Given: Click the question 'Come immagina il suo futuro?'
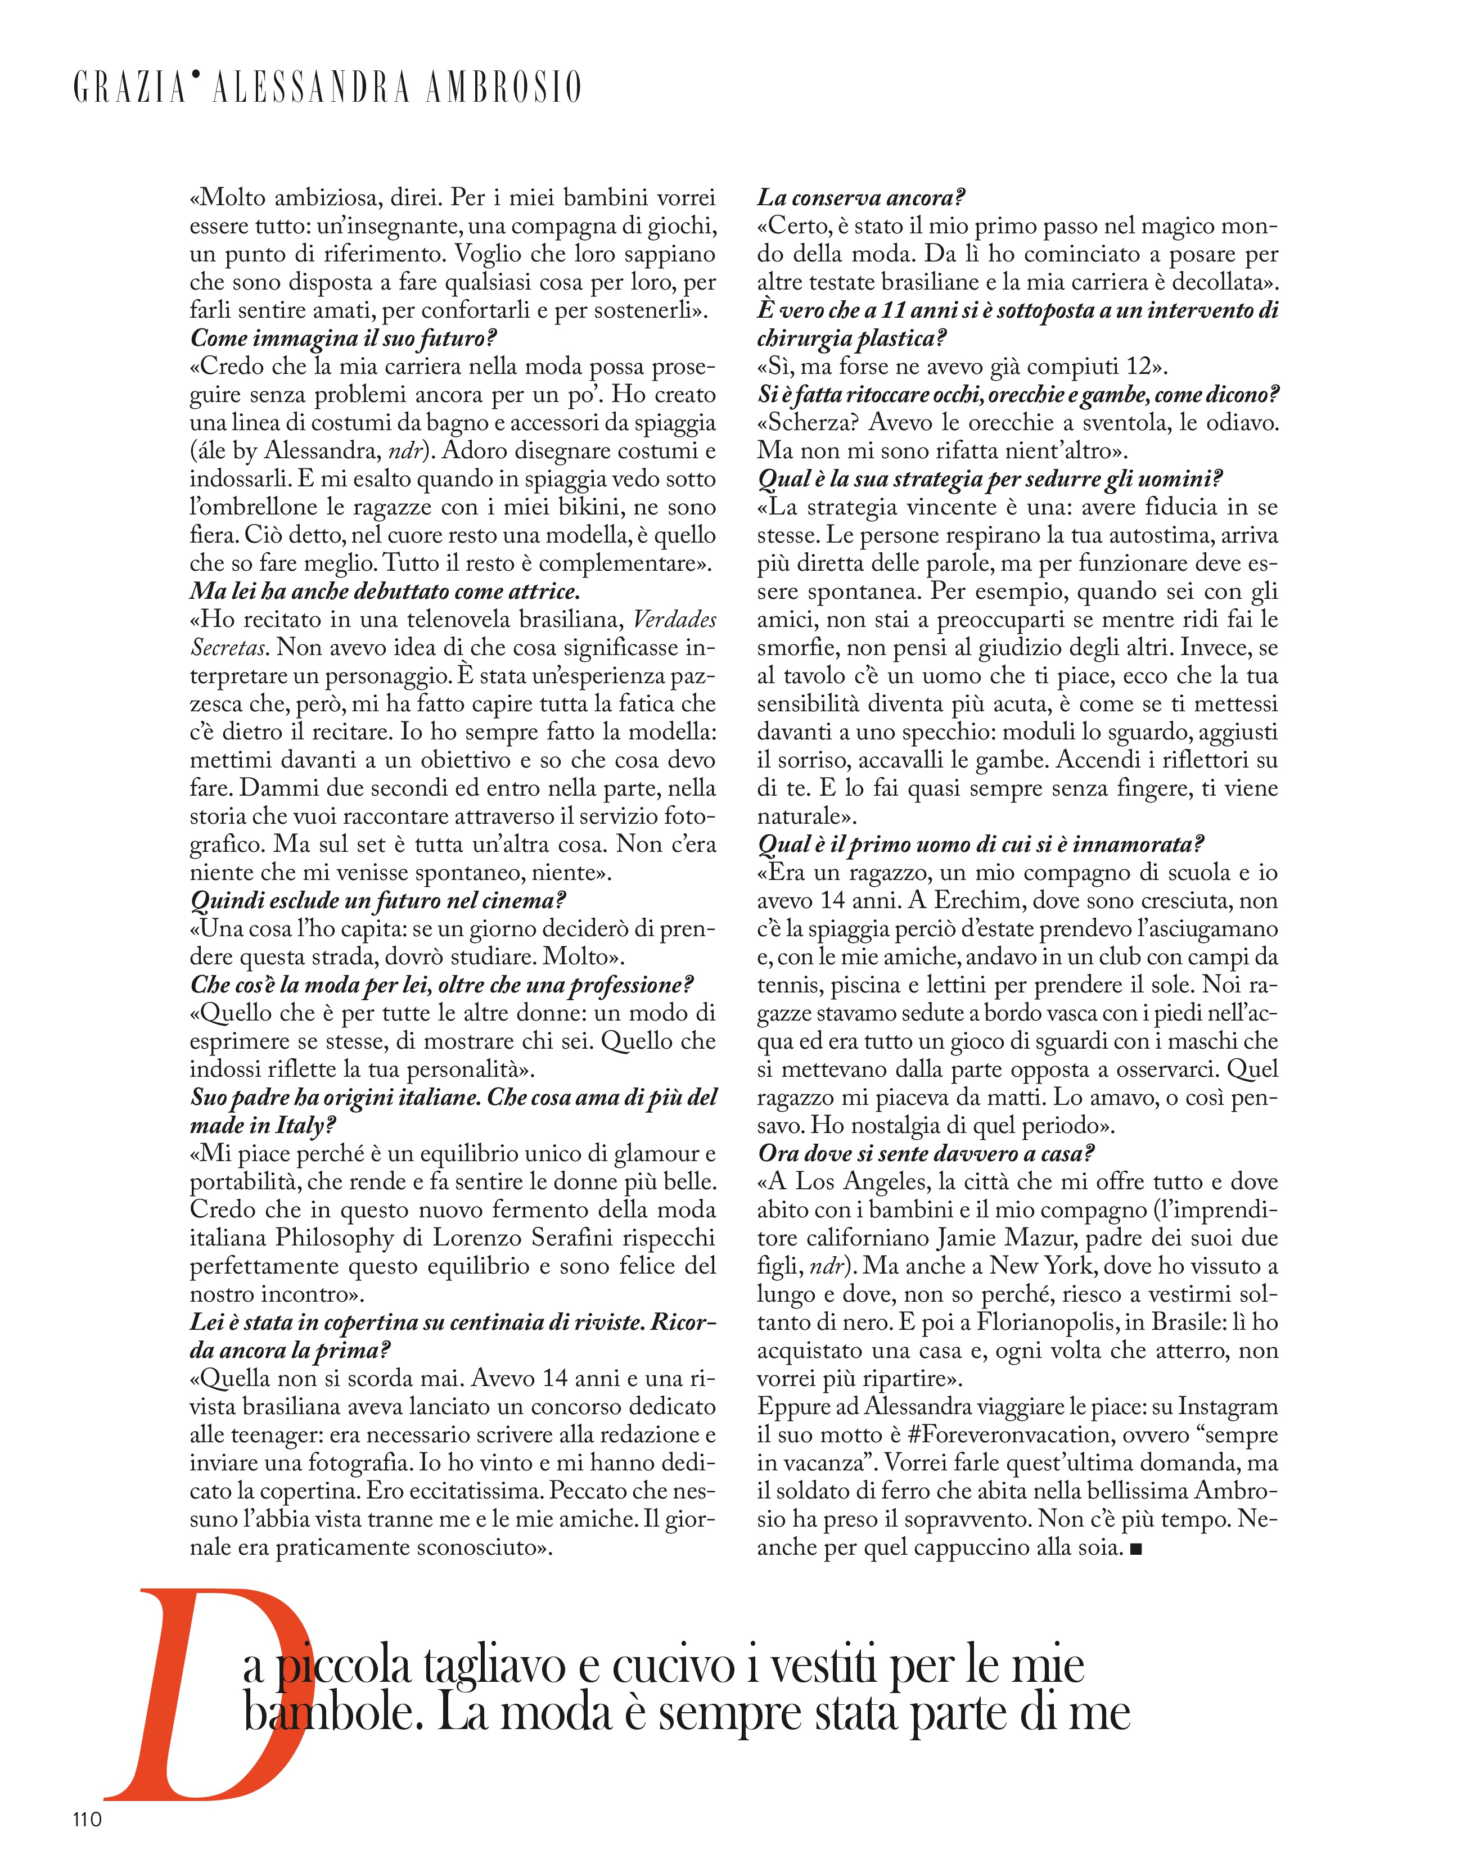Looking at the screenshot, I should coord(343,339).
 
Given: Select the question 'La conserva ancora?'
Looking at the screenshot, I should coord(860,198).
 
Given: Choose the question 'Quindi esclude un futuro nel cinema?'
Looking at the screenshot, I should coord(378,901).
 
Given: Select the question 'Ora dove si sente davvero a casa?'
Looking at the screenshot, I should coord(927,1154).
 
